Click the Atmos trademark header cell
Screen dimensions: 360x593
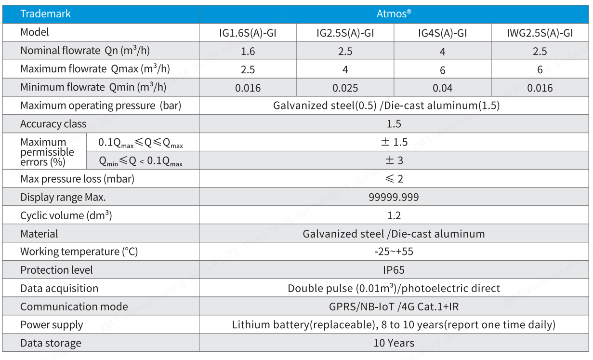click(394, 14)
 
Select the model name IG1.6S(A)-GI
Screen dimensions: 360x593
click(248, 33)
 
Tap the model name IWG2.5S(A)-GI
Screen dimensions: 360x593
click(540, 33)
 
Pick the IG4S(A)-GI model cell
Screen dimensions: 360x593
click(442, 33)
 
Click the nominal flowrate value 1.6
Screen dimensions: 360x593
click(248, 52)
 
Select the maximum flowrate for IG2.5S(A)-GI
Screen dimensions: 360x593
click(345, 70)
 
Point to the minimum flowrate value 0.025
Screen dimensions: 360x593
click(345, 88)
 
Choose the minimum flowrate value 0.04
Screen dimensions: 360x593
click(442, 88)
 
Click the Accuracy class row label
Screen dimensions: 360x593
click(53, 124)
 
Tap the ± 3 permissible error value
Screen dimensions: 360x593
click(394, 160)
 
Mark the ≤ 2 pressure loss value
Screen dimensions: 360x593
click(394, 179)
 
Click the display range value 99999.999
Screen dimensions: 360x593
click(394, 197)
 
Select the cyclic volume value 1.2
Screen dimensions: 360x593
click(394, 215)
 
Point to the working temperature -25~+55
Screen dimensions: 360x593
click(394, 252)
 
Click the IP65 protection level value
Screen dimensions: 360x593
click(394, 270)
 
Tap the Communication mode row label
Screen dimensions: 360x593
click(74, 307)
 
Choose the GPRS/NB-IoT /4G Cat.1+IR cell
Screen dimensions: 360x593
click(394, 307)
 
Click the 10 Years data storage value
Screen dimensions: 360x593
click(394, 343)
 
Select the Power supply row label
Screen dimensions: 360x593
click(52, 325)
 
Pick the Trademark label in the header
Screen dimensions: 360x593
click(45, 14)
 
